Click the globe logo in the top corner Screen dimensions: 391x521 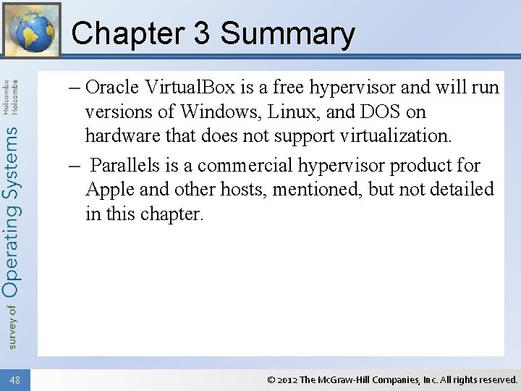click(31, 30)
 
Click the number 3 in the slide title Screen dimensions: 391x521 click(201, 34)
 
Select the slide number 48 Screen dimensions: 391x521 click(15, 379)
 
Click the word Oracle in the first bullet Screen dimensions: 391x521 click(111, 88)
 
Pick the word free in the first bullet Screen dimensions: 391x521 click(288, 88)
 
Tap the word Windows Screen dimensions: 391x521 click(222, 112)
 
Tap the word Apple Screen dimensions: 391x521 click(108, 190)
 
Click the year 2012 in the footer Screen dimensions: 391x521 click(287, 379)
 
